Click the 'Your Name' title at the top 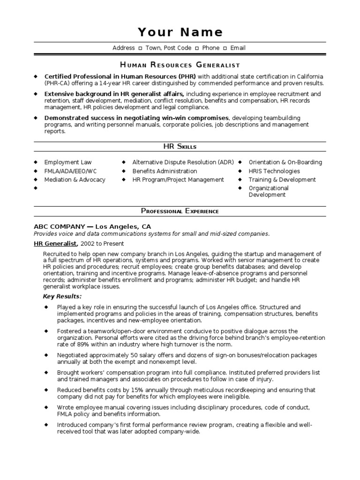coord(180,32)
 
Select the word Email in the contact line coord(238,48)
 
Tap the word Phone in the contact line coord(210,48)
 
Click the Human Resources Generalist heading coord(180,65)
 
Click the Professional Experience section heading coord(180,211)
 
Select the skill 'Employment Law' coord(68,162)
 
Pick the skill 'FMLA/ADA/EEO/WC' coord(71,171)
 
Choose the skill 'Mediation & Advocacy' coord(75,180)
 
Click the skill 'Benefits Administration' coord(165,171)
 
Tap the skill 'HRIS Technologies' coord(274,171)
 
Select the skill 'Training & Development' coord(282,180)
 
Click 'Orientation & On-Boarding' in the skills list coord(285,162)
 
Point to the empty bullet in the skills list coord(36,188)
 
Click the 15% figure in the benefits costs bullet coord(130,390)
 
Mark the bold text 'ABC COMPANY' coord(60,226)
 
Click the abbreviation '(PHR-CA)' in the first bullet coord(59,83)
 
